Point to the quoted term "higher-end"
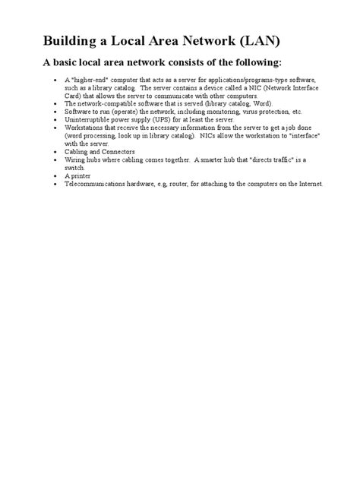coord(89,79)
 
